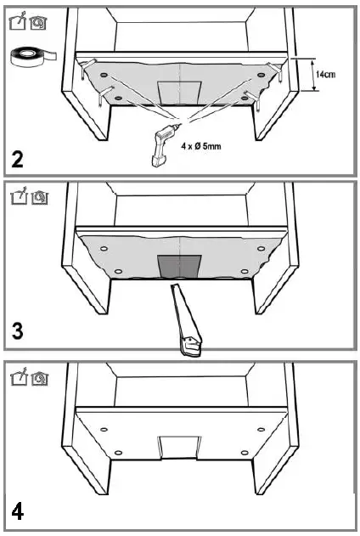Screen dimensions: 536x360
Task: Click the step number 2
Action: point(17,159)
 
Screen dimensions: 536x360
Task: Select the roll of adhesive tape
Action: point(30,57)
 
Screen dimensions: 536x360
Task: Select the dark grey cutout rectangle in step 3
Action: point(179,266)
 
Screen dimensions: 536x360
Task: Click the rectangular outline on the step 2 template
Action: point(179,91)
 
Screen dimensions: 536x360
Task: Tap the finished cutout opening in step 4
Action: point(178,443)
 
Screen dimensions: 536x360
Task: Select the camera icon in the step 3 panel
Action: point(38,197)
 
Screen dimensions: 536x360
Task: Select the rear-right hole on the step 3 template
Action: point(256,251)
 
